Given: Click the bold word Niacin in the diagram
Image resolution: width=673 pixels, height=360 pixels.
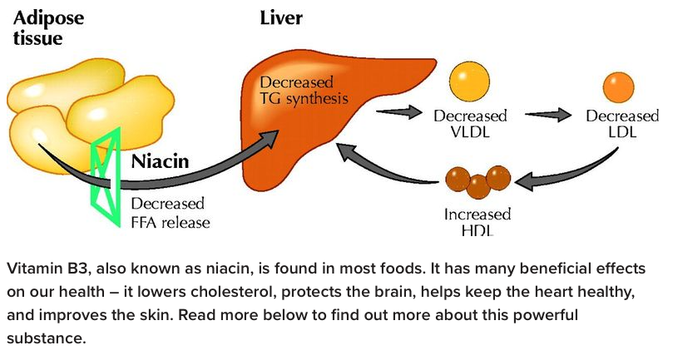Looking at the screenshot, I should point(163,160).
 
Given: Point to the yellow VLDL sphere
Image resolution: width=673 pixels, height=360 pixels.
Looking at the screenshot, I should point(470,81).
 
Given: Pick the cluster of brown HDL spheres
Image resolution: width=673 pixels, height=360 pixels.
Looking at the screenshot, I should point(478,180).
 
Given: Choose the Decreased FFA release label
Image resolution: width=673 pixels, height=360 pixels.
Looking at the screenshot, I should point(170,213).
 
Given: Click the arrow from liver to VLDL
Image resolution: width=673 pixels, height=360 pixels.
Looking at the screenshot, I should point(398,109).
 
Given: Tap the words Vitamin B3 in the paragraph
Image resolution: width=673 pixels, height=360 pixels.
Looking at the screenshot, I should point(42,270).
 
